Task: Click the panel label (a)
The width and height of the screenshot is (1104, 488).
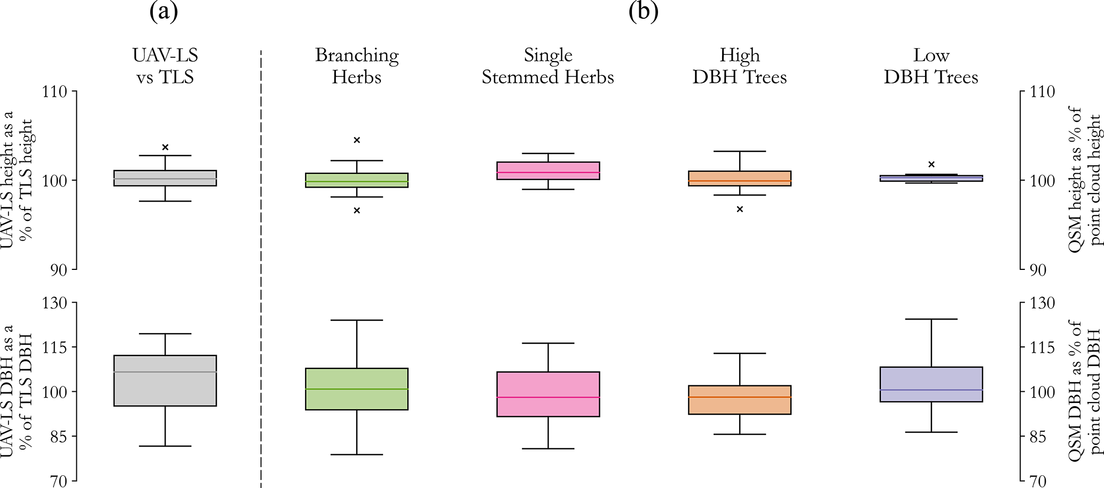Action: [163, 12]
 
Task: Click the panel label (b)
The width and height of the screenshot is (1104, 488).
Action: [643, 12]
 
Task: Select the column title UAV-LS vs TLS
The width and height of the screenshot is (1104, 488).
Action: [165, 66]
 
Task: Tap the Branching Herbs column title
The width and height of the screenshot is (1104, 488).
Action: [357, 66]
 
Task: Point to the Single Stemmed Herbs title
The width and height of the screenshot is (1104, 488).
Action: [548, 66]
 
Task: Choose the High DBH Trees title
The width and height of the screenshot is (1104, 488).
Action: [740, 66]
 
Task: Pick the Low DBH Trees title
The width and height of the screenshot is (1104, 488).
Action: [931, 66]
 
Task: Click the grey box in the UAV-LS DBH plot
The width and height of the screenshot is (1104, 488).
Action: [165, 381]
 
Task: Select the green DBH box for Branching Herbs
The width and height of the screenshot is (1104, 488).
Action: [357, 389]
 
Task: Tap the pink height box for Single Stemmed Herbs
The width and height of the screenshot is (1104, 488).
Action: [548, 171]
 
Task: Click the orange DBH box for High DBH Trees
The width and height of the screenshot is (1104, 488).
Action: [740, 400]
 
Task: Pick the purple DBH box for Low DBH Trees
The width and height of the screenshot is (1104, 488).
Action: [931, 384]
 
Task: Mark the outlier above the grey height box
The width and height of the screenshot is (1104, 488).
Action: [165, 147]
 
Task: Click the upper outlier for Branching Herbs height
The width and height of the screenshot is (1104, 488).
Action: [357, 140]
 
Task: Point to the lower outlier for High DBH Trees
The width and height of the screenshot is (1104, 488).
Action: [740, 209]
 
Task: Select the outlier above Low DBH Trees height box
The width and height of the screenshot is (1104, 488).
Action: [931, 164]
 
